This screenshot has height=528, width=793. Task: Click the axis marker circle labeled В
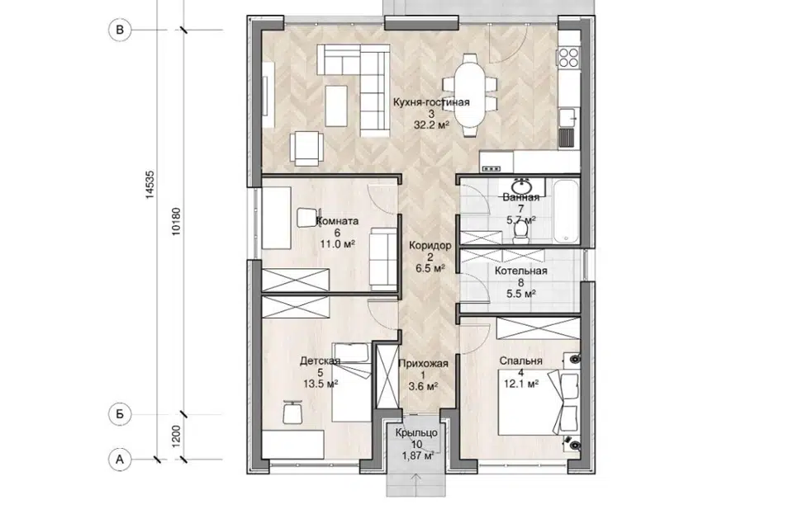[120, 30]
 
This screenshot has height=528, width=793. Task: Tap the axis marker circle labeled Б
[120, 414]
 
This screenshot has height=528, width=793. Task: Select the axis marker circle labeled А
[120, 460]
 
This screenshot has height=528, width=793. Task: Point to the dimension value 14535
[150, 185]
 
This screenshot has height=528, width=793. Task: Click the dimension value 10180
[175, 222]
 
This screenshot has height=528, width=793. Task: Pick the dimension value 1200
[175, 436]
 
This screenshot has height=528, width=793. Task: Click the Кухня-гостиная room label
[431, 102]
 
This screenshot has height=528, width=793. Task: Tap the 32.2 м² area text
[431, 125]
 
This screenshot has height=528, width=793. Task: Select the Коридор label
[430, 246]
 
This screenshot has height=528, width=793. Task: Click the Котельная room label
[521, 271]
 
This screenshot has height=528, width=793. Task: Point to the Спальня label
[521, 361]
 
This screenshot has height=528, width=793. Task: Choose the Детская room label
[321, 361]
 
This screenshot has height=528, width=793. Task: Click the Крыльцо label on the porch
[416, 433]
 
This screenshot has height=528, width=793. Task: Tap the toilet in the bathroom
[520, 232]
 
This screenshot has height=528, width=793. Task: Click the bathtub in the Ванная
[565, 212]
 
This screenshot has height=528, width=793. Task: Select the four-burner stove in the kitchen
[568, 57]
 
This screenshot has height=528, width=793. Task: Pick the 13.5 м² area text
[321, 384]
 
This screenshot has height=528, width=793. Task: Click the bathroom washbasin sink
[520, 186]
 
